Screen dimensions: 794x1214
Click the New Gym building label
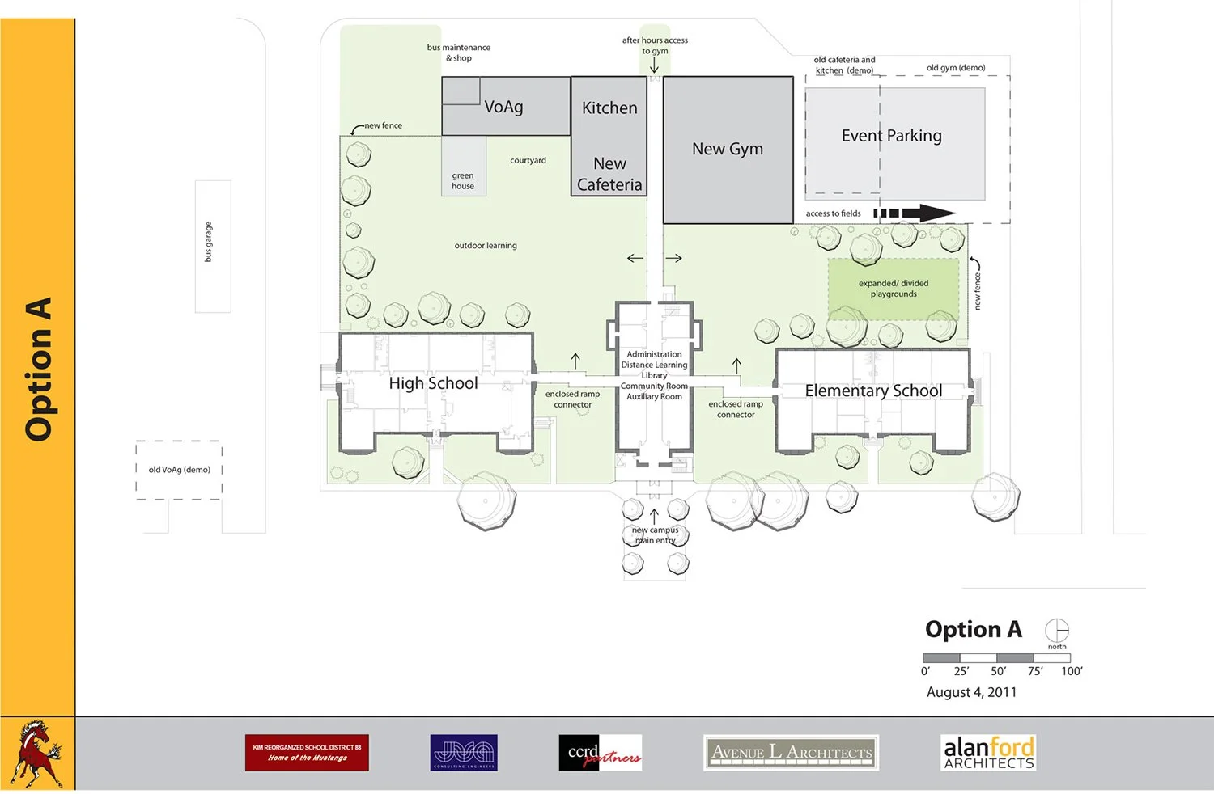[727, 149]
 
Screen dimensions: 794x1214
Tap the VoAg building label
[503, 107]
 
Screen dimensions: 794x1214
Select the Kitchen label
[609, 108]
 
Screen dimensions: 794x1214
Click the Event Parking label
[891, 136]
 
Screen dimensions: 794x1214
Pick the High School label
[433, 383]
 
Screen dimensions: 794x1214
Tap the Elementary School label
[873, 391]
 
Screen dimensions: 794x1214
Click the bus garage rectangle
[213, 247]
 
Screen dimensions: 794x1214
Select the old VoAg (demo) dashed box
[179, 470]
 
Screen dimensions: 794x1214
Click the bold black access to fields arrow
[915, 213]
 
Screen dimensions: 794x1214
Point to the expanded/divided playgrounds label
[894, 289]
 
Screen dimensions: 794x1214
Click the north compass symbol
[1057, 630]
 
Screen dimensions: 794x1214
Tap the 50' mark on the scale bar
[998, 670]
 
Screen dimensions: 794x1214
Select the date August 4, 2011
[971, 692]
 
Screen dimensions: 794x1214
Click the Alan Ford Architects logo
[988, 752]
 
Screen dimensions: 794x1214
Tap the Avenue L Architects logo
[791, 753]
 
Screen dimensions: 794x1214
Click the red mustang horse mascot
[36, 754]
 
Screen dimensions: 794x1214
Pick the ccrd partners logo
[600, 753]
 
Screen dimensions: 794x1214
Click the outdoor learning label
[486, 246]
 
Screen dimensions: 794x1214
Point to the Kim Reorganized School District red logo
[307, 753]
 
